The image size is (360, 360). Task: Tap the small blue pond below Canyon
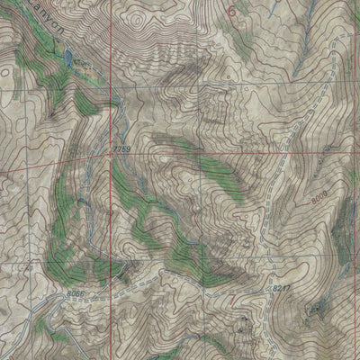coord(67,60)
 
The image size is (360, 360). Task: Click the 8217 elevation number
coord(283,288)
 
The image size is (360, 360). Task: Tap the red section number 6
coord(236,12)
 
